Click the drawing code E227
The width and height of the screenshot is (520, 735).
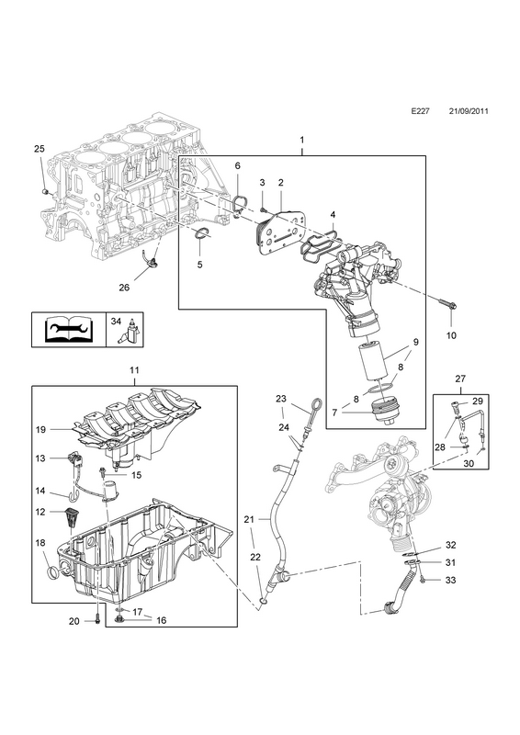(x=420, y=125)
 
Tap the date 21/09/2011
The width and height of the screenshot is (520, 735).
(x=469, y=125)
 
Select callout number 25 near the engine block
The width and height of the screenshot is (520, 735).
(x=40, y=149)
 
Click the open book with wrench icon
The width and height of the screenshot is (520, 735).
(x=69, y=330)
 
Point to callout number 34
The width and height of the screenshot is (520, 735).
(x=117, y=322)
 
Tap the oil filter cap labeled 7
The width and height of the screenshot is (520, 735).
(x=381, y=412)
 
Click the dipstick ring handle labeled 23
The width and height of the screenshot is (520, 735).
(x=318, y=403)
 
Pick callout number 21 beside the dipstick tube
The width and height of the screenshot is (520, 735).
(x=248, y=519)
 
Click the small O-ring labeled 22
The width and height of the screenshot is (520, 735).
(x=264, y=601)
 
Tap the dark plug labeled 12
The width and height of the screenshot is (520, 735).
(x=71, y=516)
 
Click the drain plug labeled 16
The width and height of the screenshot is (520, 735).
(x=119, y=620)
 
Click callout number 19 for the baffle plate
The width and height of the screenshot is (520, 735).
(x=40, y=429)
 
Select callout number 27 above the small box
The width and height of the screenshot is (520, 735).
(x=460, y=379)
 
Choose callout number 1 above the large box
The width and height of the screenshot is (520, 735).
(x=302, y=140)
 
